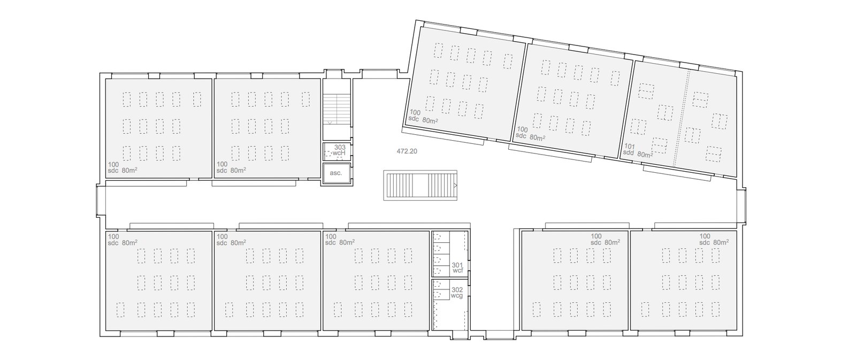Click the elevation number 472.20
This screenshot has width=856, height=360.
pos(407,151)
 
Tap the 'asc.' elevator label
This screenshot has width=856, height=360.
pos(336,173)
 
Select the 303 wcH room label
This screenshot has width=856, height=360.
pos(339,150)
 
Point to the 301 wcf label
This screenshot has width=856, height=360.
pos(457,267)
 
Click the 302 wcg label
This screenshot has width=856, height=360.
pos(457,293)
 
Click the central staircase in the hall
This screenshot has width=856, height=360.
pos(421,186)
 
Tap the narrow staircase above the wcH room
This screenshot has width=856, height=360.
pos(337,109)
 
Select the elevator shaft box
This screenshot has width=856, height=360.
pos(337,174)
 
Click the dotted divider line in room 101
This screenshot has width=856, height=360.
pos(682,118)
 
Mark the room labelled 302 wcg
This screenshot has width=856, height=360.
pos(450,304)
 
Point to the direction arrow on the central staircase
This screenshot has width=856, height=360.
pos(455,186)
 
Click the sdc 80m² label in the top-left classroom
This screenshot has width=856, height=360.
pos(123,170)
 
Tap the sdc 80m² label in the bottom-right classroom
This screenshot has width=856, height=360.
pos(714,242)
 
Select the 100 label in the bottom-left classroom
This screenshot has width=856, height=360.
pos(113,236)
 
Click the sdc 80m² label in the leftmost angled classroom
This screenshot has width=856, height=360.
pos(423,119)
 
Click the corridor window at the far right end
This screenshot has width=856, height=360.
pos(742,206)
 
